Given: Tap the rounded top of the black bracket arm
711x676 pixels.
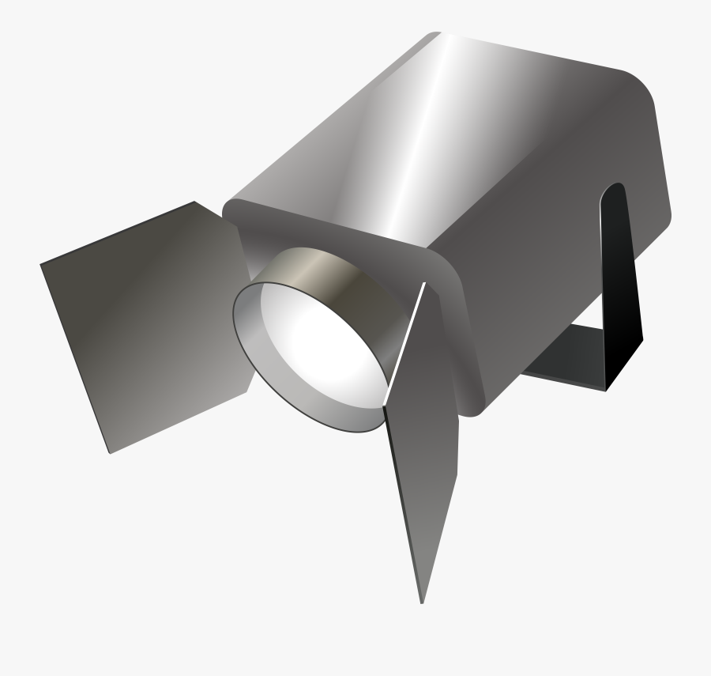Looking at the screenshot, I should [x=615, y=190].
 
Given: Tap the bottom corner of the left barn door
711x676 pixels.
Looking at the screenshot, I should [x=109, y=452].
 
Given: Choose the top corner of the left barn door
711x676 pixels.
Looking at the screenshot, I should [x=195, y=202].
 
